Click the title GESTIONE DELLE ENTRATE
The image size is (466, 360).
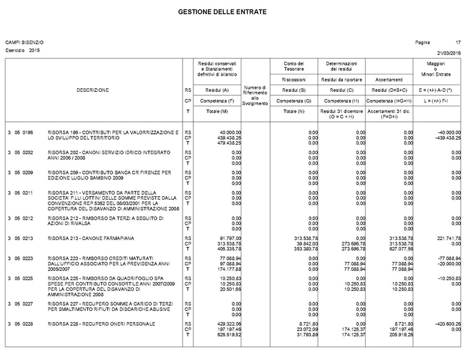click(222, 12)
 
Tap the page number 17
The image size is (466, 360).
click(458, 43)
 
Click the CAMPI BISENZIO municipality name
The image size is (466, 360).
click(25, 43)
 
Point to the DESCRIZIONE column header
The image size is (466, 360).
click(92, 90)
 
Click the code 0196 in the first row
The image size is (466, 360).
click(28, 132)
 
